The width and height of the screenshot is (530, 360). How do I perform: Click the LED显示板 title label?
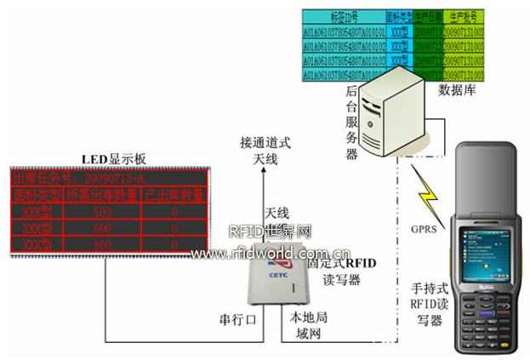pyautogui.click(x=116, y=158)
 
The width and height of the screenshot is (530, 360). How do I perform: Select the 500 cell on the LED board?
pyautogui.click(x=101, y=212)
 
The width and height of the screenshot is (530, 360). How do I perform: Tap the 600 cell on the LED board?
pyautogui.click(x=101, y=229)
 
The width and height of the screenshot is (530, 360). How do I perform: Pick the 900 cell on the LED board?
pyautogui.click(x=101, y=245)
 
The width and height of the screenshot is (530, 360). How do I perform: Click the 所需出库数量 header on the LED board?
pyautogui.click(x=101, y=196)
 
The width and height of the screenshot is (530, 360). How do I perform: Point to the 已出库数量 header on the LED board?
pyautogui.click(x=174, y=196)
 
